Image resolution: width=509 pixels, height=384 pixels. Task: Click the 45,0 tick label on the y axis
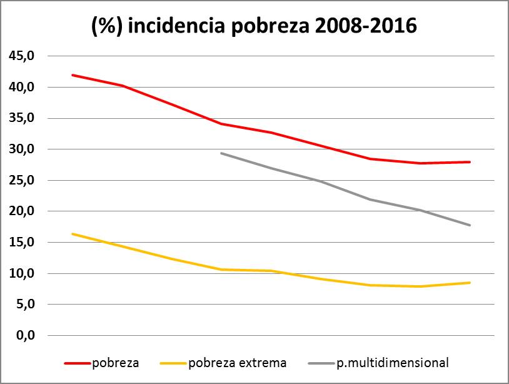coord(21,56)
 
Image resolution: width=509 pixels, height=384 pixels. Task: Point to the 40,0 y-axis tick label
coord(21,87)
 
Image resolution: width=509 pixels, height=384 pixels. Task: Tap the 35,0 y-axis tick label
coord(21,118)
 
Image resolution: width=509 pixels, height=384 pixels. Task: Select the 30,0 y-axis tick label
coord(21,149)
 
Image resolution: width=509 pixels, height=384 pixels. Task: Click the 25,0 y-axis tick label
coord(21,180)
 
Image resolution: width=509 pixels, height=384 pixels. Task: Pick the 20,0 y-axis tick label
coord(21,211)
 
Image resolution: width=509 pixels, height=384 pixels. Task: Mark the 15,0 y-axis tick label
coord(21,243)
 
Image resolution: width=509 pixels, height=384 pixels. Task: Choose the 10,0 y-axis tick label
coord(21,273)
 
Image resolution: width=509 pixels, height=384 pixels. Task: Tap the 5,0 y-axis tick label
coord(24,305)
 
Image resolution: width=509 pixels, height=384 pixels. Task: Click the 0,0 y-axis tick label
coord(24,336)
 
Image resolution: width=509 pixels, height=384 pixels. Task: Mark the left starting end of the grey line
coord(221,153)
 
